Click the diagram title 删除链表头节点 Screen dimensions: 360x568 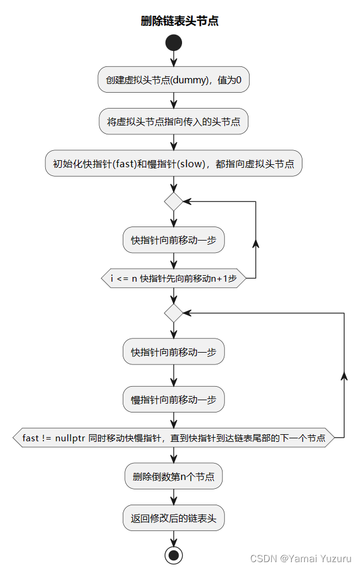coord(180,21)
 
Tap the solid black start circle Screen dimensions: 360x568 coord(174,43)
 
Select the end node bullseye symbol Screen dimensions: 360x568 coord(174,555)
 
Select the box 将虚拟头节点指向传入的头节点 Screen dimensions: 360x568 coord(174,121)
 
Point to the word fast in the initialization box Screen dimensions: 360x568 coord(125,164)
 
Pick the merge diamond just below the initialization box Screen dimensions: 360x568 coord(174,201)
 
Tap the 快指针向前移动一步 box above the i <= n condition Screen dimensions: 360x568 coord(174,240)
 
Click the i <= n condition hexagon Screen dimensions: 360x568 coord(174,278)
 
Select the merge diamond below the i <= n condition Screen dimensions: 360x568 coord(174,313)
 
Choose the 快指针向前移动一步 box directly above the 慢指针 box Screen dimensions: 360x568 coord(174,351)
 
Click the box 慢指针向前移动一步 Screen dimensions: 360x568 coord(174,400)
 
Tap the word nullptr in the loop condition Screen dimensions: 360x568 coord(70,438)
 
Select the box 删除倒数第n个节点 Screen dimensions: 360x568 coord(174,476)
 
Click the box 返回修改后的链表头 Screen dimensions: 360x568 coord(174,518)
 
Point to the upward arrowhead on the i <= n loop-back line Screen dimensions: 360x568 coord(255,244)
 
